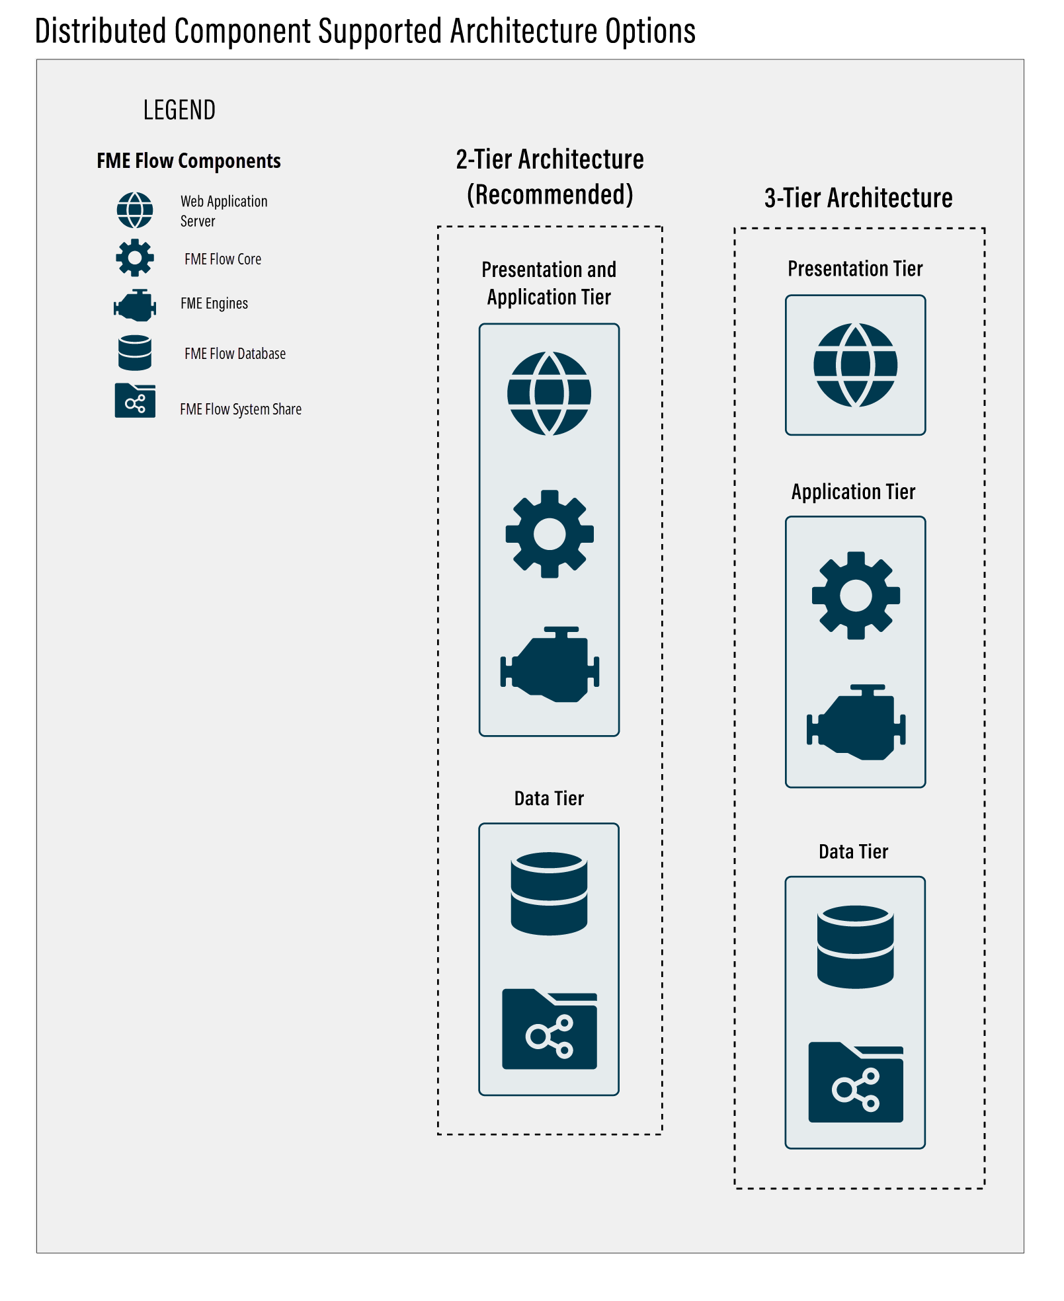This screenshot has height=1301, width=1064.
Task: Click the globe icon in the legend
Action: click(135, 210)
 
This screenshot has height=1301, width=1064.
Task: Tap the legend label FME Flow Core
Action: click(223, 259)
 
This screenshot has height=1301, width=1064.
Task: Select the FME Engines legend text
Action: click(214, 303)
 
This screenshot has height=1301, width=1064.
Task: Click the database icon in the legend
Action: click(135, 352)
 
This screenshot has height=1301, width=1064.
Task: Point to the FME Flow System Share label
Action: click(241, 409)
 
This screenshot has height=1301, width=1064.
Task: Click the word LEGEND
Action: click(179, 110)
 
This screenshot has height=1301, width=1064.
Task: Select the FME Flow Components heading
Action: click(188, 161)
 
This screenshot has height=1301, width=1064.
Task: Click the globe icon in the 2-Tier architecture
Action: click(549, 393)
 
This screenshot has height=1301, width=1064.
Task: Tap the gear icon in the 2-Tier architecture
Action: click(549, 534)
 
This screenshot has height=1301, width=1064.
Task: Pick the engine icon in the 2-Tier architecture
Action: click(550, 665)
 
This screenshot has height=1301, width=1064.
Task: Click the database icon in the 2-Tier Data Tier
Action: click(549, 893)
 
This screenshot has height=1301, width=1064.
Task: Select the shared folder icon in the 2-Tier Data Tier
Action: click(550, 1029)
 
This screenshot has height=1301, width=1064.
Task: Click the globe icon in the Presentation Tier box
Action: click(855, 365)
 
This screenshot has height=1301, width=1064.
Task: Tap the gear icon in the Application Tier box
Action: click(856, 596)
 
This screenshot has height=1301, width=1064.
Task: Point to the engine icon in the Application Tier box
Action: click(856, 723)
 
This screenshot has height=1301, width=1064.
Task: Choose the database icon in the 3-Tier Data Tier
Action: click(855, 947)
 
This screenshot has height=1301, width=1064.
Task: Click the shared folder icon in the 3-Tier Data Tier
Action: click(856, 1082)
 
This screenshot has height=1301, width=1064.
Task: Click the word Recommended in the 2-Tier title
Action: click(550, 195)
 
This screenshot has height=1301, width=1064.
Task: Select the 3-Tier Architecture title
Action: click(858, 198)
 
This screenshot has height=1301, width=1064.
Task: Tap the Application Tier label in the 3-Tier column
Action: click(853, 492)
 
